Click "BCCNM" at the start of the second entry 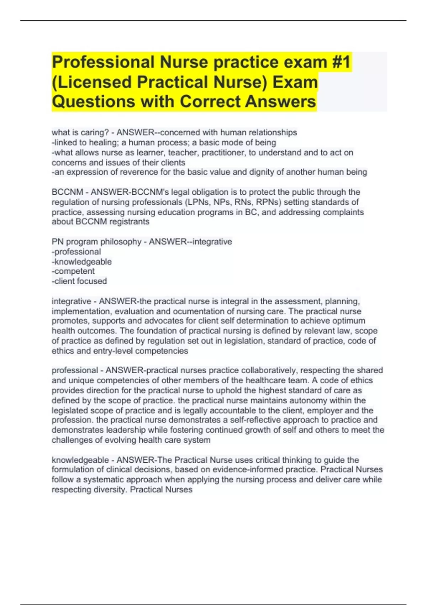(67, 192)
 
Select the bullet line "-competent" (73, 271)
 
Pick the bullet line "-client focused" (79, 281)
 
